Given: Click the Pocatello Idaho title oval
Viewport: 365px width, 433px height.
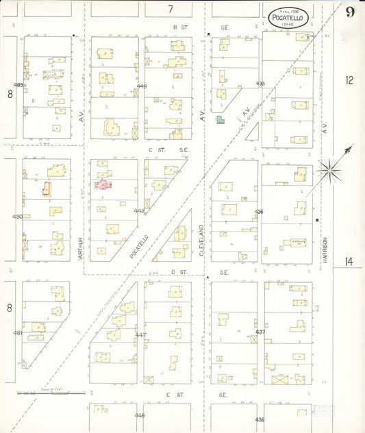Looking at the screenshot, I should point(287,18).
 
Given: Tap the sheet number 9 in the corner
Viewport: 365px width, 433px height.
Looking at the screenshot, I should point(349,12).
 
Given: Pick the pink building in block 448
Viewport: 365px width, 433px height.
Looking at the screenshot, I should point(103,184).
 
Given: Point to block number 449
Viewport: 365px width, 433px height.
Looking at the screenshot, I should point(141,86).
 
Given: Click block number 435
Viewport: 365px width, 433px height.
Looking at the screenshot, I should point(260,84).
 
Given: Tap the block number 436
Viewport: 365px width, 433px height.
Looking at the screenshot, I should point(259,212).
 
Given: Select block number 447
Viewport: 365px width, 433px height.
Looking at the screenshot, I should point(140,335).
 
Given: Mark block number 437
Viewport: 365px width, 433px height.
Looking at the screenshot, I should point(260,332).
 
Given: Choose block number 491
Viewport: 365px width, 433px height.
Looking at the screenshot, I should point(18,333).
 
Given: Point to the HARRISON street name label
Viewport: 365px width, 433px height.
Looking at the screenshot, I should point(325,249).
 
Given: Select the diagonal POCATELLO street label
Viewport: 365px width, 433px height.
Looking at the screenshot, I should point(140,245).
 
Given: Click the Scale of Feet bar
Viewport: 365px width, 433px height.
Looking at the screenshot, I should point(51,393).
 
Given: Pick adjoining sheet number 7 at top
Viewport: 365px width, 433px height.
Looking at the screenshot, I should point(171,9).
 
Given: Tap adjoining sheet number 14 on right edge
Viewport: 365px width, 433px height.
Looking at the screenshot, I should point(349,260).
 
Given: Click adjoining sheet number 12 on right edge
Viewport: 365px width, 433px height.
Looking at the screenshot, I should point(349,81).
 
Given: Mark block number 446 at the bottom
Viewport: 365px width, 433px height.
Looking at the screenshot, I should point(140,415).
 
